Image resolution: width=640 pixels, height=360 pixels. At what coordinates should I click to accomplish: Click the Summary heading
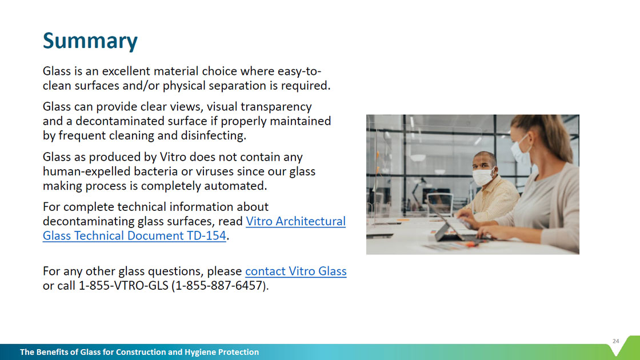90,41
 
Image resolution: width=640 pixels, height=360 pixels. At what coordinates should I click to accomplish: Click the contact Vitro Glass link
296,271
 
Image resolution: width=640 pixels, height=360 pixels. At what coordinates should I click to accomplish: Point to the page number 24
615,341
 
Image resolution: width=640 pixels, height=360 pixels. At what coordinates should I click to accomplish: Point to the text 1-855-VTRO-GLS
123,286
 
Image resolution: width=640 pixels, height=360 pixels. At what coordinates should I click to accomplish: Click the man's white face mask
483,177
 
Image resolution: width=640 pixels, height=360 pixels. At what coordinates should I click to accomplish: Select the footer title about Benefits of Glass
139,352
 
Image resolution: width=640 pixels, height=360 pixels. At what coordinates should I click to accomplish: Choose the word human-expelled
86,171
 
